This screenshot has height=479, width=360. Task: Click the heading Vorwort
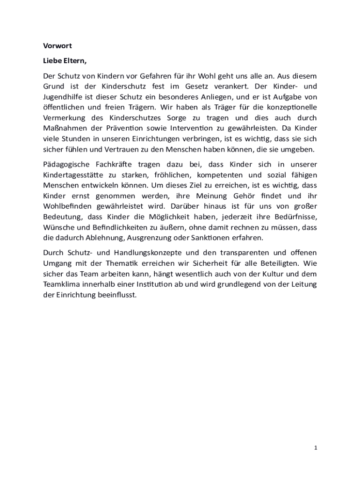pos(57,46)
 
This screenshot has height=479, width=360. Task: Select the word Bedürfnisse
pos(295,217)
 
